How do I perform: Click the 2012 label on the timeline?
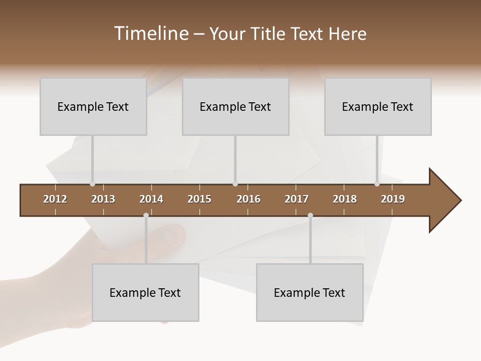click(55, 199)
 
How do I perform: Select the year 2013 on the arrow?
click(103, 199)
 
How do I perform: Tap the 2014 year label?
click(151, 199)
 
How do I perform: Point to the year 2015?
click(199, 199)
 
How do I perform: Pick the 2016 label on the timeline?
click(249, 199)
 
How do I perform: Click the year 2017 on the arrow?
click(297, 199)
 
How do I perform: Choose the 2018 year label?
click(345, 199)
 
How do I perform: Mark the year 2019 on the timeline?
click(393, 199)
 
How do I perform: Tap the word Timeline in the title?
click(150, 34)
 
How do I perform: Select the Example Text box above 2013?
click(93, 107)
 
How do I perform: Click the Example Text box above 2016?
click(235, 107)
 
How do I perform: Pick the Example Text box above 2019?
click(378, 107)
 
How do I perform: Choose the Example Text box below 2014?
click(145, 293)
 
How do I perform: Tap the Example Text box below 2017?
click(310, 293)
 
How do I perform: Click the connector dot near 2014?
click(146, 216)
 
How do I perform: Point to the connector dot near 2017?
click(310, 216)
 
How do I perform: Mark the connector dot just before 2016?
click(235, 184)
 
